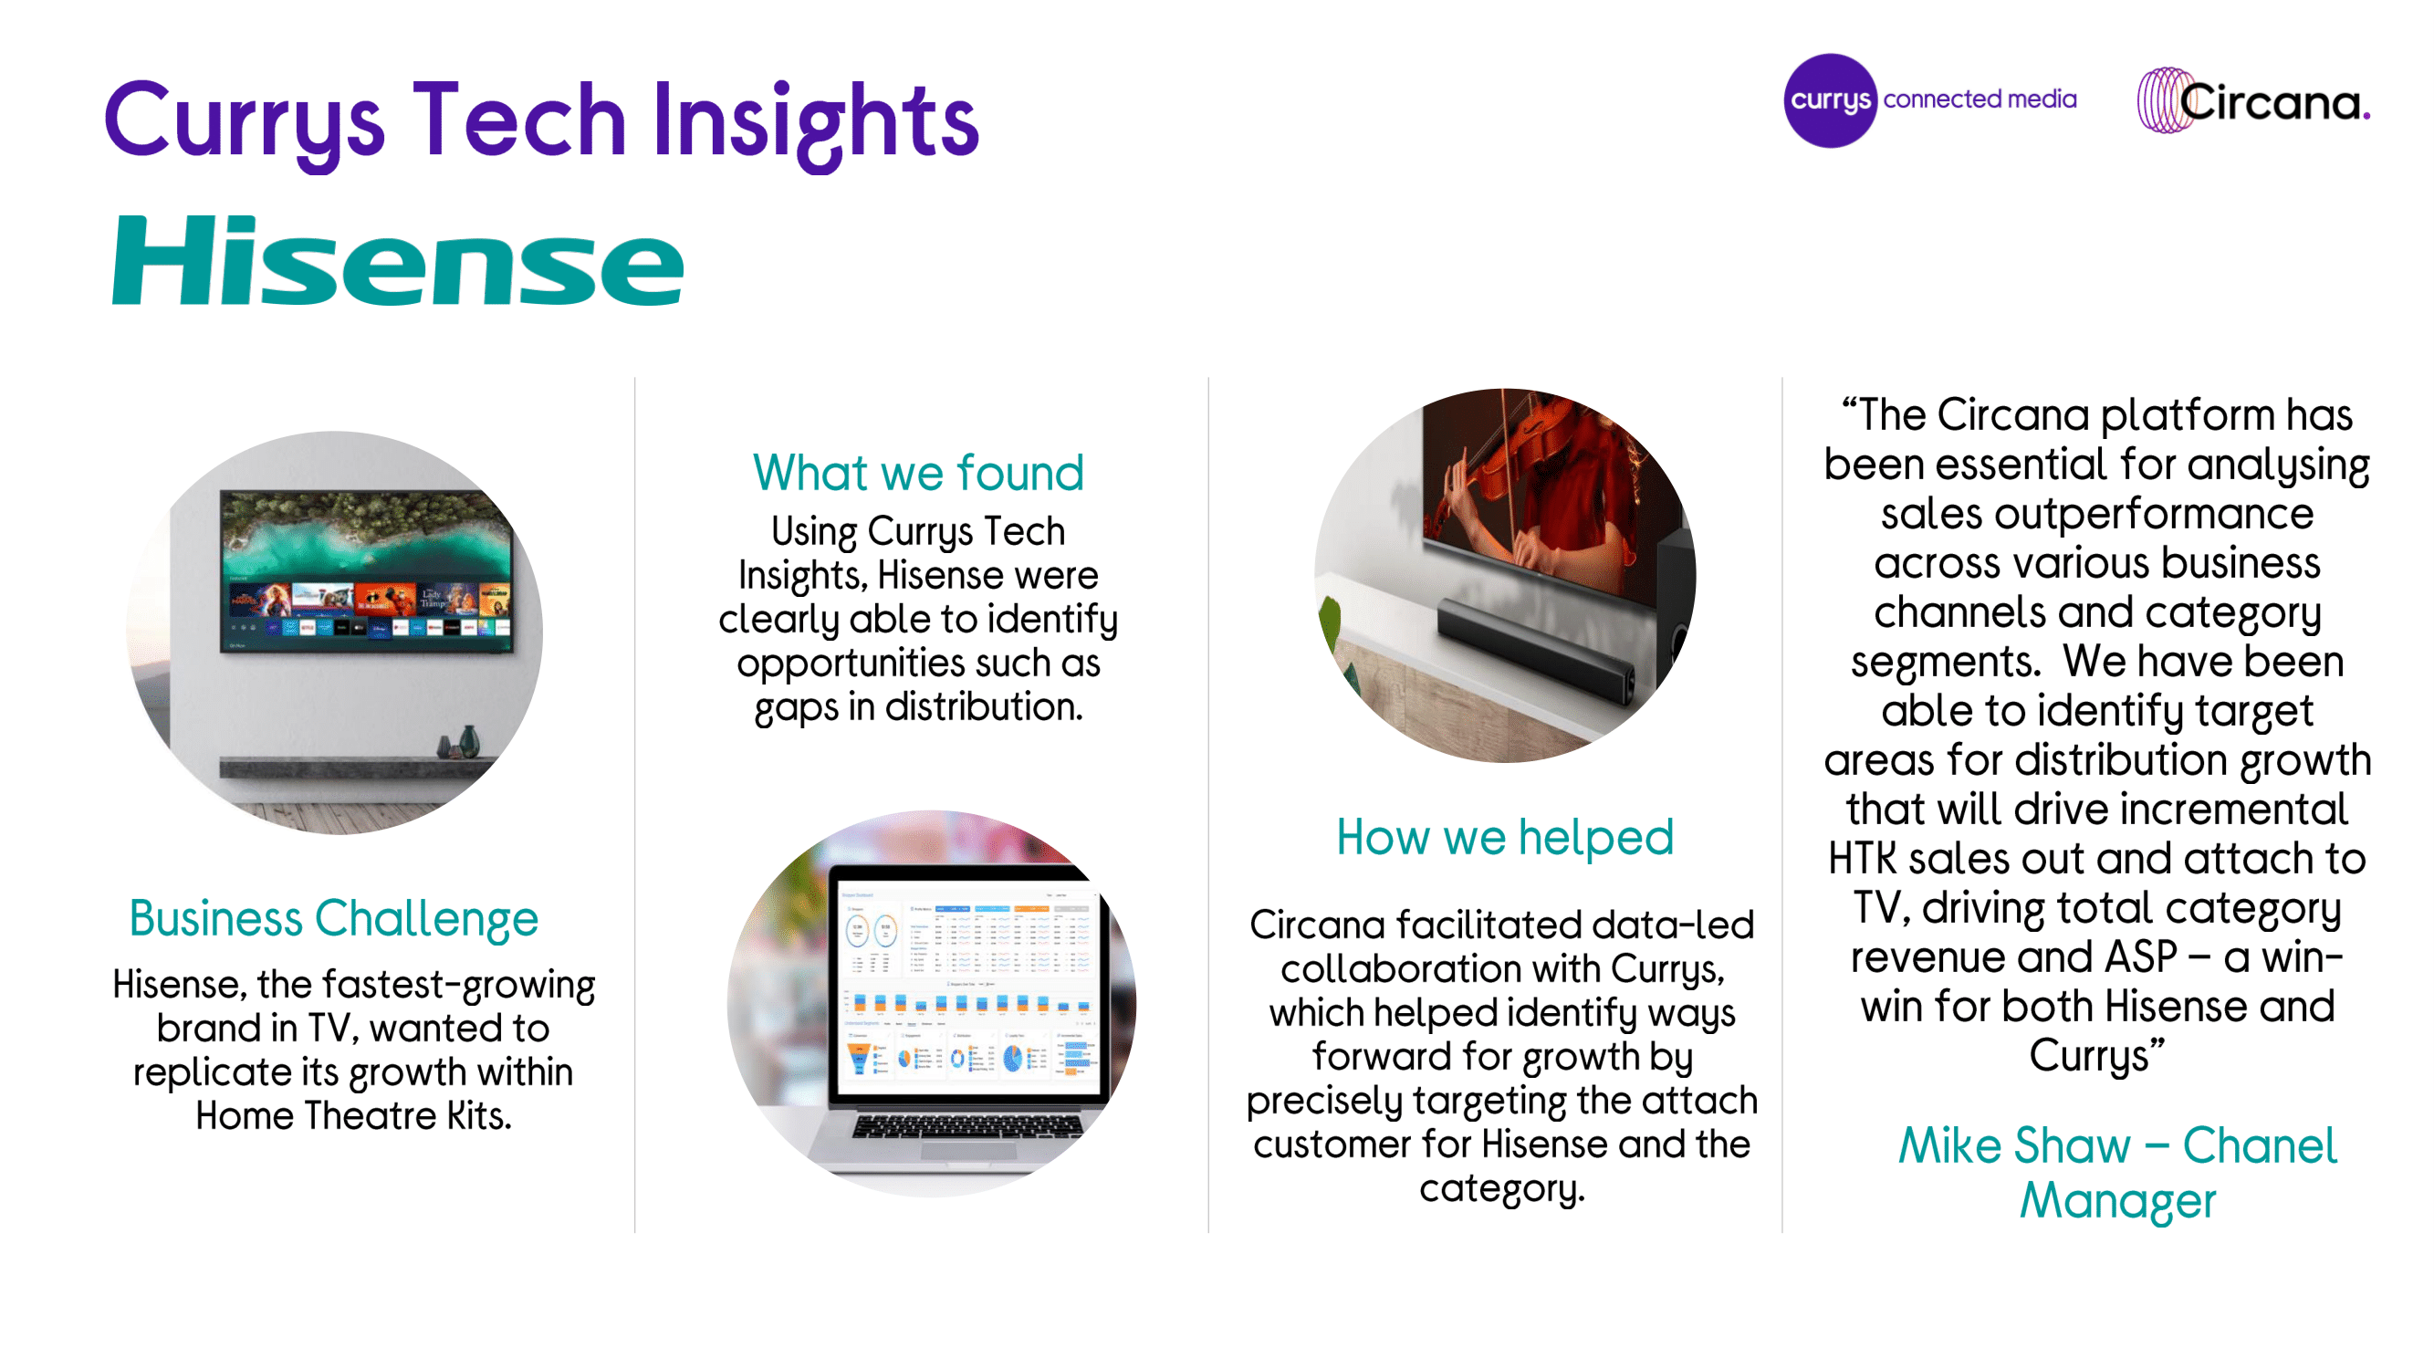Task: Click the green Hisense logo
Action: (398, 261)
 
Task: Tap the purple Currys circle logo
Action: (1829, 100)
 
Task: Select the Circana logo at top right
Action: (2253, 100)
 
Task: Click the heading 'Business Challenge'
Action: (333, 919)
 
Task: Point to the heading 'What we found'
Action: (917, 473)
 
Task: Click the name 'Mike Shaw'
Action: (2014, 1146)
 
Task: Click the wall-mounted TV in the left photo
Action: (367, 570)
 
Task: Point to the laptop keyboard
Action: (966, 1126)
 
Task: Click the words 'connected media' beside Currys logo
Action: (1980, 99)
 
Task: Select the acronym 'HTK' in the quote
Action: (1863, 859)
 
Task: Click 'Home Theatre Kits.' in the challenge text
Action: (353, 1117)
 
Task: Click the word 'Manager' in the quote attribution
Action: (2117, 1203)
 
